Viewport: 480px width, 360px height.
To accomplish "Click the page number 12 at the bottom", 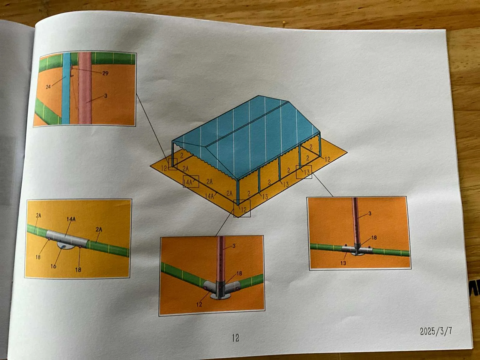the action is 235,338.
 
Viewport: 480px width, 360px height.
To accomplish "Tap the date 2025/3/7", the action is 436,331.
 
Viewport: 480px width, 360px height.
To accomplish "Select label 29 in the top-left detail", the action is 105,73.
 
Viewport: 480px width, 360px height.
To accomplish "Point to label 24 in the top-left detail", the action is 48,87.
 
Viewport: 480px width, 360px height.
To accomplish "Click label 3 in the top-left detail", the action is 106,95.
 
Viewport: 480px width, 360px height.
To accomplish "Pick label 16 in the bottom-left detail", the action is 53,266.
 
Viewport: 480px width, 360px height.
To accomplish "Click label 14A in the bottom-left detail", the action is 71,219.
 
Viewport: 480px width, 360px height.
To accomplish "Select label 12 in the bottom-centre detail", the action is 199,304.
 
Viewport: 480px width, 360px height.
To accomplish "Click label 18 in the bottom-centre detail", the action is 239,273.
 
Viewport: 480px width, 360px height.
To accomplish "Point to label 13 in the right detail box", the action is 343,263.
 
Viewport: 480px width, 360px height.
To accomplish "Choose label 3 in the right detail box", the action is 370,213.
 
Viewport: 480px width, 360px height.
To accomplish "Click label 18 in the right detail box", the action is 374,238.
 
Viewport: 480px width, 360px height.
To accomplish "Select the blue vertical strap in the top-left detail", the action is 66,88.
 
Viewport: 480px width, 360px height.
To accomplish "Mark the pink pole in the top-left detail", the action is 85,88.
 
